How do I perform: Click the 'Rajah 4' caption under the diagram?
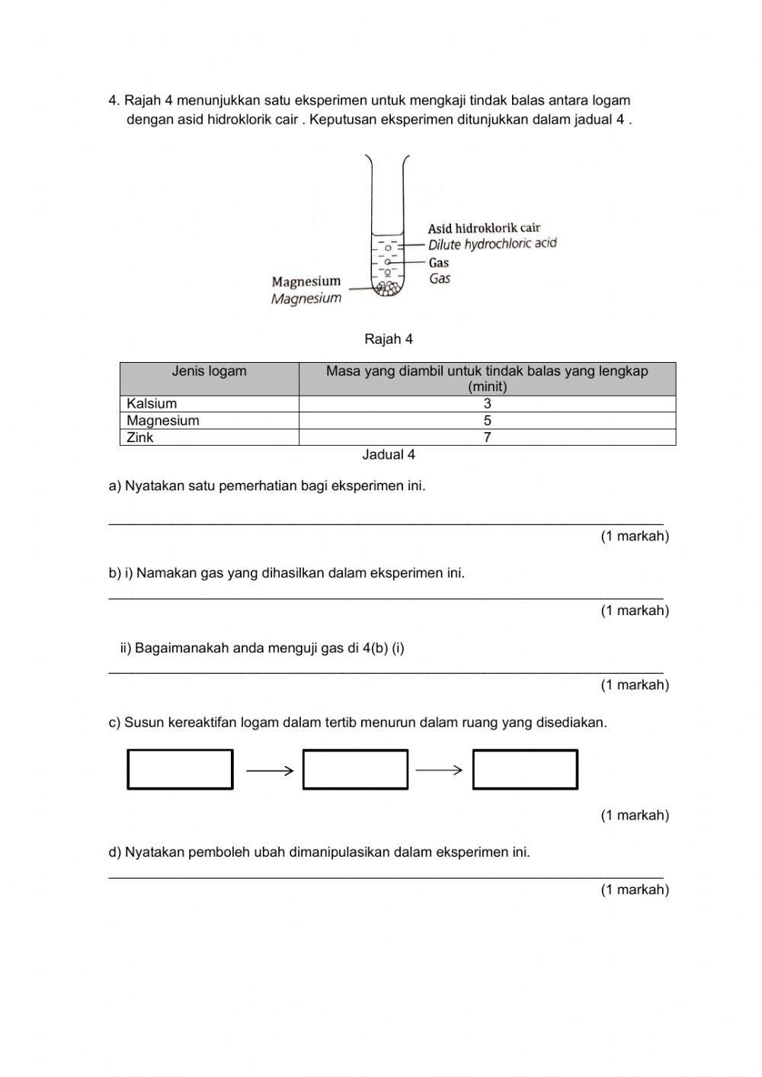pos(388,339)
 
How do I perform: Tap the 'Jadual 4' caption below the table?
pos(388,455)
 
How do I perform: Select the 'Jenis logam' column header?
pos(209,372)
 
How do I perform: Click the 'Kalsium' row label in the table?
pos(152,404)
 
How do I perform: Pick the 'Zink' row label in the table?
pos(140,438)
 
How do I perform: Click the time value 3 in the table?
pos(487,404)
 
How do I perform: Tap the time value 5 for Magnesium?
pos(487,421)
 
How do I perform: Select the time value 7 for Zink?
pos(487,438)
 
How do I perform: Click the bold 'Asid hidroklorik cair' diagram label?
pos(484,228)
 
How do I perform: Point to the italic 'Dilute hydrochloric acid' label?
pos(492,244)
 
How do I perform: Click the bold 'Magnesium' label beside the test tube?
pos(306,281)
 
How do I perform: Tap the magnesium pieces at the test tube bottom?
pos(388,288)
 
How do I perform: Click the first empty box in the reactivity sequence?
pos(180,769)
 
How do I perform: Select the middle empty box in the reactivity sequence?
pos(355,769)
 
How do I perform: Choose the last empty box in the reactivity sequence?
pos(525,769)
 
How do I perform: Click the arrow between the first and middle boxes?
pos(270,771)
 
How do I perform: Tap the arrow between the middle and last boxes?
pos(439,771)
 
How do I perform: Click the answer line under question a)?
pos(386,522)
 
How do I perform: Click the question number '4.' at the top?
pos(115,101)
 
